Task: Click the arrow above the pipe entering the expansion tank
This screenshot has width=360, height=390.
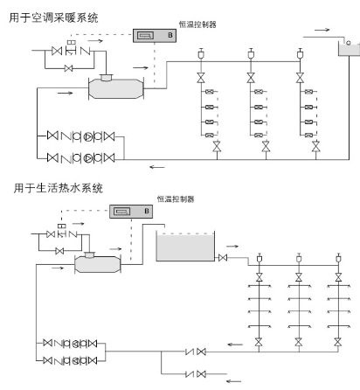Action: point(322,31)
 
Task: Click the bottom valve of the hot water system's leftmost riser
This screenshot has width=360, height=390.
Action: point(258,346)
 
